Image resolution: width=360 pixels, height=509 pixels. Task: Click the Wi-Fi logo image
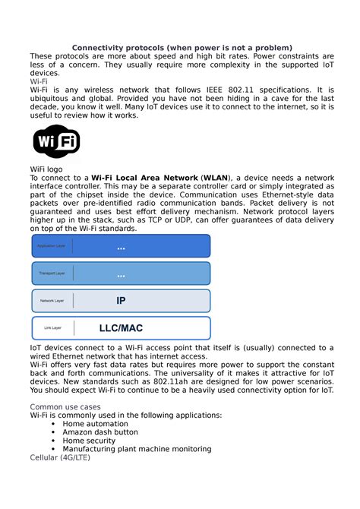57,142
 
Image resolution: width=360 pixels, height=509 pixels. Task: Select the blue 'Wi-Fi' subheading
39,81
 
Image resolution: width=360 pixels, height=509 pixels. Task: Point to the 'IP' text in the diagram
121,301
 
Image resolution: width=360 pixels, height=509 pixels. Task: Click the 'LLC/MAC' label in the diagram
121,328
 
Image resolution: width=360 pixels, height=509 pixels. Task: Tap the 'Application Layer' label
52,246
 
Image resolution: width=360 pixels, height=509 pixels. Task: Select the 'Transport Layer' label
52,273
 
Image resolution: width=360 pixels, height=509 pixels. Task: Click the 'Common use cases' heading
65,406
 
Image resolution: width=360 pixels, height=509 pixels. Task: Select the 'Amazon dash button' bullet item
100,431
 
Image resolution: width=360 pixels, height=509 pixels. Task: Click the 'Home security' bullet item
89,440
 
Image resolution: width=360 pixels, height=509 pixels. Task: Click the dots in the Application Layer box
121,248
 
